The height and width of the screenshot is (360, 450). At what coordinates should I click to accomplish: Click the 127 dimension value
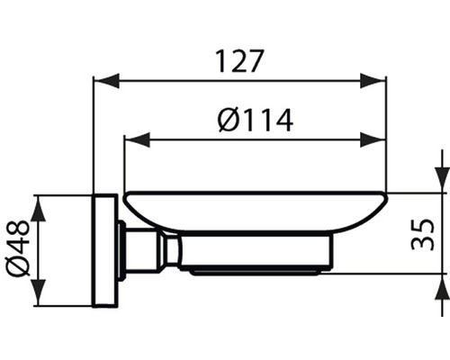[x=239, y=62]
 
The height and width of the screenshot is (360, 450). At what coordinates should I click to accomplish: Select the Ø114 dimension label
[x=255, y=119]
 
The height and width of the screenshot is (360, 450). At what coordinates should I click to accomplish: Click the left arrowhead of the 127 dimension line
[x=101, y=82]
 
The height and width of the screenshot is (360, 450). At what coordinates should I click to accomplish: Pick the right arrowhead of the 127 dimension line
[x=378, y=82]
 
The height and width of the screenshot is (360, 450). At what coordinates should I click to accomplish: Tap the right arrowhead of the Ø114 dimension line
[x=378, y=139]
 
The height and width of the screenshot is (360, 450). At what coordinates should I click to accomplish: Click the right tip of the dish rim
[x=385, y=195]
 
